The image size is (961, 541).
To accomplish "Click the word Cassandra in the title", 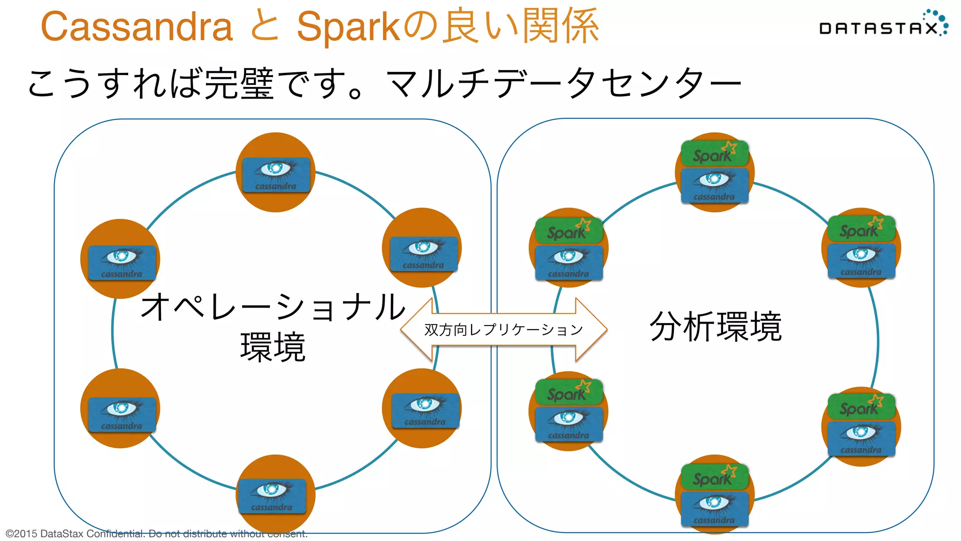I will coord(137,27).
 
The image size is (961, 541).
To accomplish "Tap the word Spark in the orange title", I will coord(348,27).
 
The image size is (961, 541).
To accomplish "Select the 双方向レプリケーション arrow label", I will coord(503,330).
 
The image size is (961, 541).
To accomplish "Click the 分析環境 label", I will coord(716,326).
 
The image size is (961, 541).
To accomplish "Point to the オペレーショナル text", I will coord(273,308).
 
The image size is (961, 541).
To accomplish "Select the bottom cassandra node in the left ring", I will coord(272,496).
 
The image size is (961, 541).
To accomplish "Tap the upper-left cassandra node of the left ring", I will coord(122,262).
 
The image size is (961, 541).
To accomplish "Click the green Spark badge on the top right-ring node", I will coord(714,154).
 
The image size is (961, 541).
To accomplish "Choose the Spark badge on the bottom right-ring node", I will coord(714,477).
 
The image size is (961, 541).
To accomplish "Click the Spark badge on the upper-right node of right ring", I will coord(861,229).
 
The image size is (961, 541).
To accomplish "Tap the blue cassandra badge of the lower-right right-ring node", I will coord(861,438).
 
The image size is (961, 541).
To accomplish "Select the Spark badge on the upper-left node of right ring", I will coord(569,231).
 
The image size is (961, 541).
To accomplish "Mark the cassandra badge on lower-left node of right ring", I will coord(569,424).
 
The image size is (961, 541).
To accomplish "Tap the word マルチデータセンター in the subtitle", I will coord(563,83).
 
